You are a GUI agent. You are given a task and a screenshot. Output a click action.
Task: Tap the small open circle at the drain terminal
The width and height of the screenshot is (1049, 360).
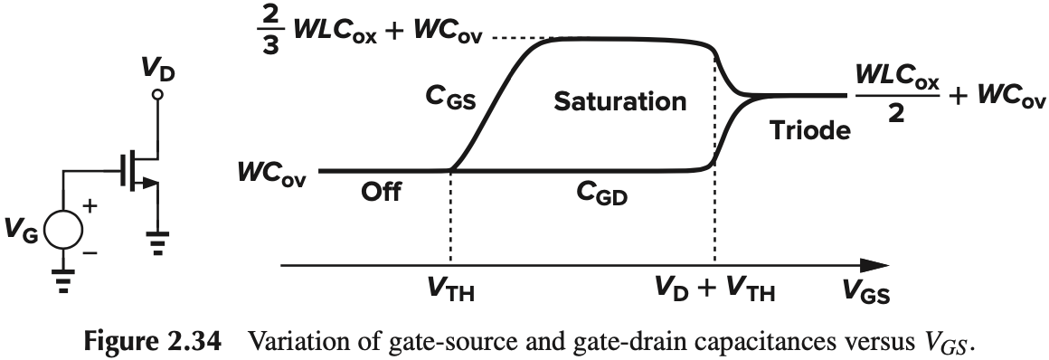pyautogui.click(x=157, y=94)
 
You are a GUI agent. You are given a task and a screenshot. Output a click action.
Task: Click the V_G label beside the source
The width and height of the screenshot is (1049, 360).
pyautogui.click(x=22, y=232)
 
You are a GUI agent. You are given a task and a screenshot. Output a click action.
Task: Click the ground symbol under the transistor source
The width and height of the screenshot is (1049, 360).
pyautogui.click(x=157, y=243)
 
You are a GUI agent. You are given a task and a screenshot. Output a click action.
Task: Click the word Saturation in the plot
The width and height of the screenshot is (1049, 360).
pyautogui.click(x=619, y=100)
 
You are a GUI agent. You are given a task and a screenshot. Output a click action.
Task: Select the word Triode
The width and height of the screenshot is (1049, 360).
pyautogui.click(x=810, y=130)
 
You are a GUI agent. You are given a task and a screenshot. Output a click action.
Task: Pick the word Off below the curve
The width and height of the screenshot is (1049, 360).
pyautogui.click(x=381, y=194)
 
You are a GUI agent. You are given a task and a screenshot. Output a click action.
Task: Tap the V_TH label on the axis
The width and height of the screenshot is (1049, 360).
pyautogui.click(x=449, y=293)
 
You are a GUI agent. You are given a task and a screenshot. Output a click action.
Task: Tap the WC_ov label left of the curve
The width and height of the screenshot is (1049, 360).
pyautogui.click(x=272, y=171)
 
